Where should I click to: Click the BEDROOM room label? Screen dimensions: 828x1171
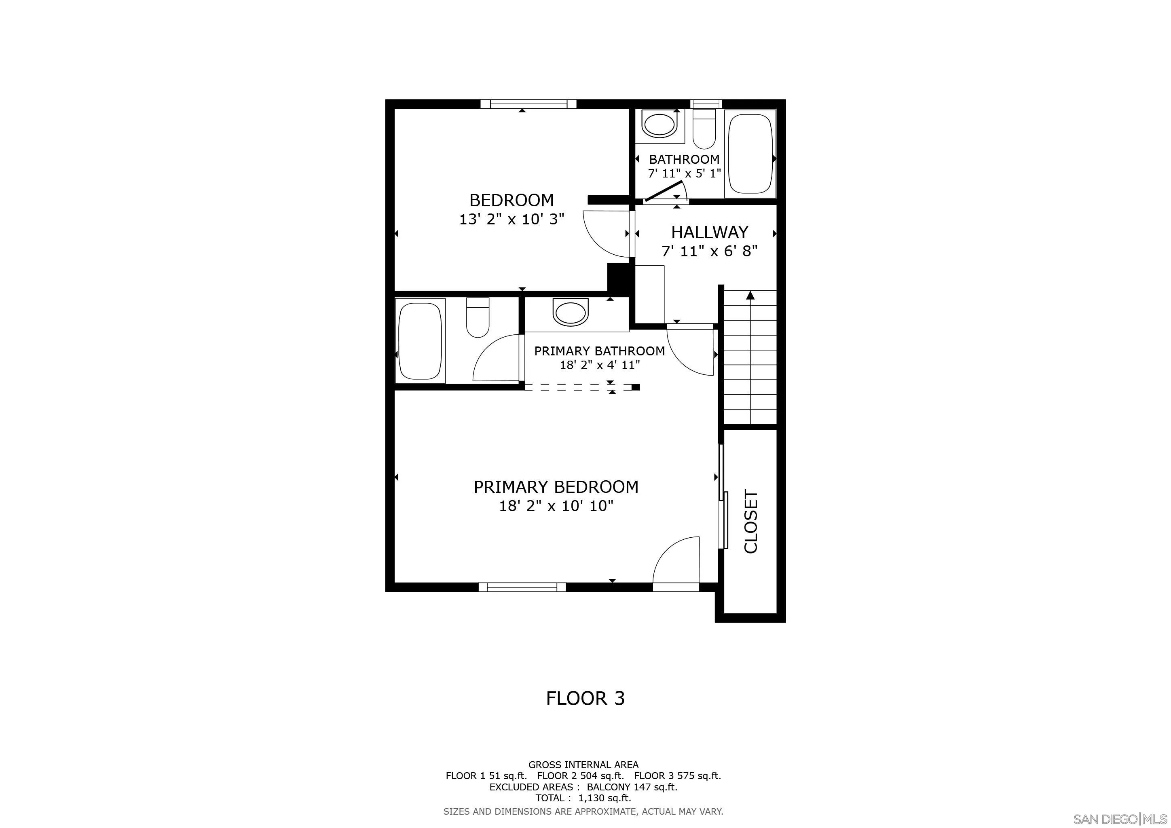coord(511,200)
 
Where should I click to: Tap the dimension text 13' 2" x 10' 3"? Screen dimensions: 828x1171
coord(512,219)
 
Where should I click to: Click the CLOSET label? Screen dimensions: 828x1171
coord(751,522)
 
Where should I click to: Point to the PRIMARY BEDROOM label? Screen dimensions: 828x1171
coord(556,487)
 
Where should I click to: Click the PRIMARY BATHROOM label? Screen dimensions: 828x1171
coord(599,351)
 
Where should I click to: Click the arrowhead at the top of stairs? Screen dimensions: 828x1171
coord(750,295)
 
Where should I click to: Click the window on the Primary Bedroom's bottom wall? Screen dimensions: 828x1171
coord(522,587)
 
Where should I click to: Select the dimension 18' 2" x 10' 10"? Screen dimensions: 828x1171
coord(556,506)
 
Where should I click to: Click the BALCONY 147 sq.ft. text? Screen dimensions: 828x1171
coord(632,787)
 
